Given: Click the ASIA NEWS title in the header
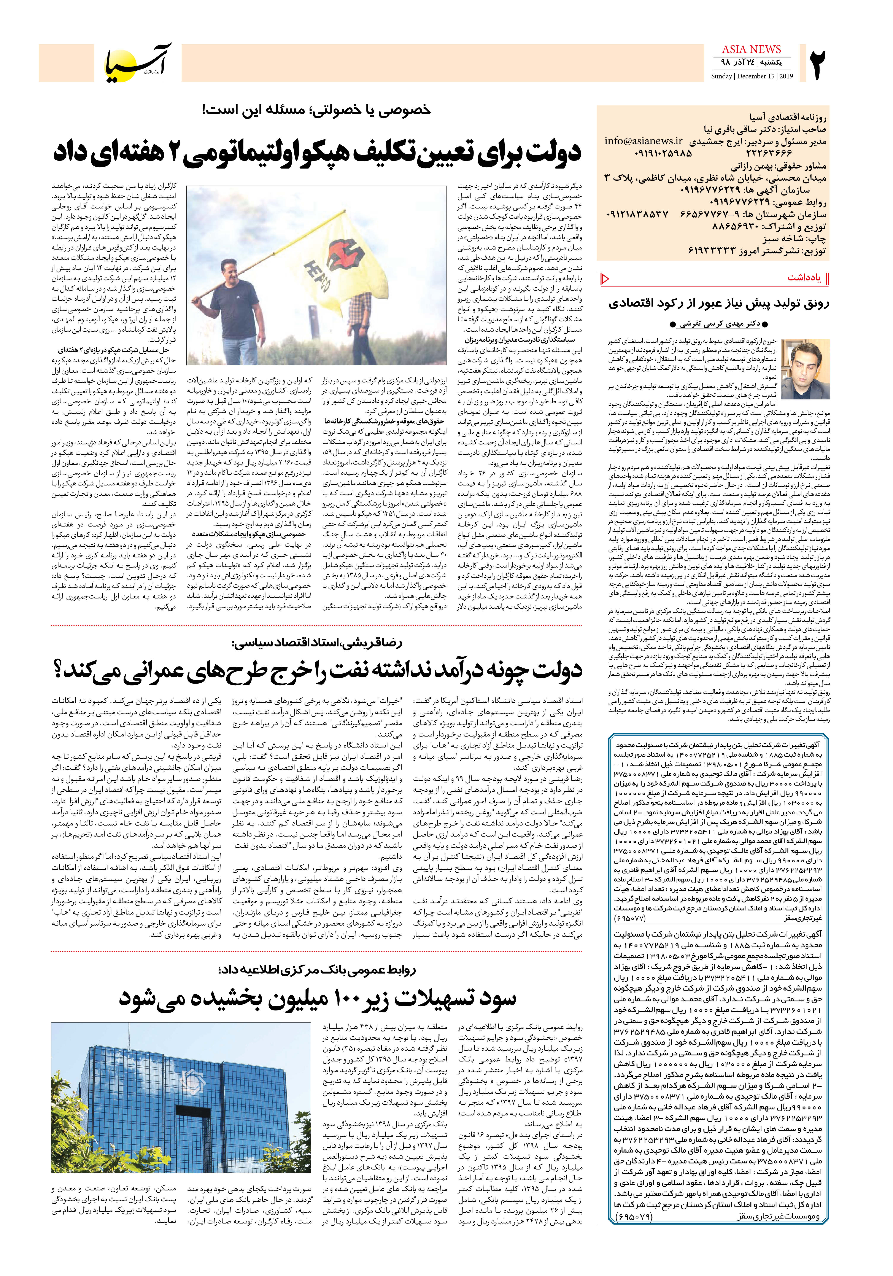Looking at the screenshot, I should (751, 49).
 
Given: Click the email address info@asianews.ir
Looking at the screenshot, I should (644, 141).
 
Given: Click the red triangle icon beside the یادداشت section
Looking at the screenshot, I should (605, 278).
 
